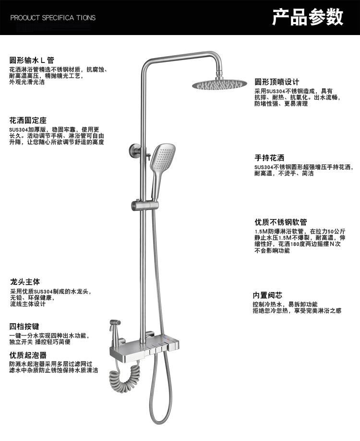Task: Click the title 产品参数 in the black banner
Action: [x=308, y=17]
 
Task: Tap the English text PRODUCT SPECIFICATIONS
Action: [x=53, y=18]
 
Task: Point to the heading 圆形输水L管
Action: [x=32, y=61]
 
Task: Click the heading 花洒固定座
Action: [x=28, y=120]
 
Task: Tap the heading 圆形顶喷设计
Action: [x=276, y=82]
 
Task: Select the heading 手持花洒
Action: [x=269, y=158]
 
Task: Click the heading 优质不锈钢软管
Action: [x=280, y=222]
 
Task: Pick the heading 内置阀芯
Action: [x=267, y=295]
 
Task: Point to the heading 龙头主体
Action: [x=25, y=282]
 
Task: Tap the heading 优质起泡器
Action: [x=28, y=355]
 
